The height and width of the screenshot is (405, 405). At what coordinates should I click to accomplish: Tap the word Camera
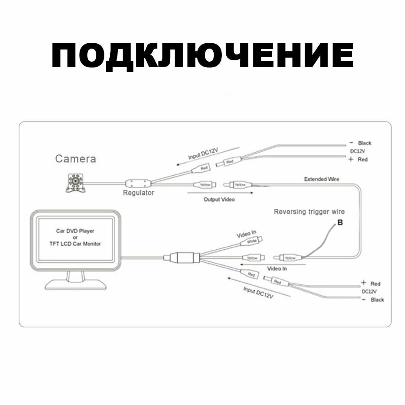pyautogui.click(x=75, y=159)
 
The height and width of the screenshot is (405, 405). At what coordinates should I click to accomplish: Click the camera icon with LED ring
pyautogui.click(x=74, y=183)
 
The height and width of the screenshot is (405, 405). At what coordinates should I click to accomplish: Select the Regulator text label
pyautogui.click(x=139, y=193)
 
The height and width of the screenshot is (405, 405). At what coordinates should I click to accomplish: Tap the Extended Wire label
pyautogui.click(x=322, y=179)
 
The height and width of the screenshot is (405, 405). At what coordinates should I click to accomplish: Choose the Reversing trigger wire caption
pyautogui.click(x=309, y=211)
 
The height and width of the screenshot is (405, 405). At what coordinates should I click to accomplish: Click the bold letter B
pyautogui.click(x=340, y=222)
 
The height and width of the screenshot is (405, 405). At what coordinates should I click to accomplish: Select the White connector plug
pyautogui.click(x=252, y=242)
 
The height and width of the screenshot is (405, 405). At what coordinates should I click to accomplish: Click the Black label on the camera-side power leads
pyautogui.click(x=364, y=143)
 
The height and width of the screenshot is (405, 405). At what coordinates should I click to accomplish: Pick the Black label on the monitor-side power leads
pyautogui.click(x=377, y=300)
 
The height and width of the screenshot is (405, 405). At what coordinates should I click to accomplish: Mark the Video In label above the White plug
pyautogui.click(x=247, y=234)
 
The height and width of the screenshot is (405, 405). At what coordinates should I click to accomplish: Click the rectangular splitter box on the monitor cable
pyautogui.click(x=183, y=258)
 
